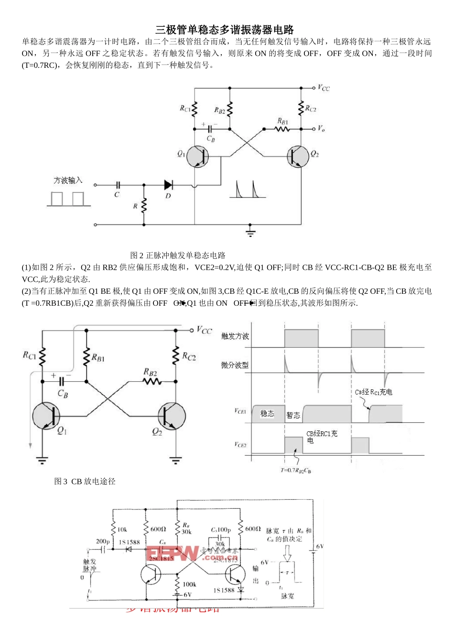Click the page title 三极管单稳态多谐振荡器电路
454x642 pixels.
(225, 30)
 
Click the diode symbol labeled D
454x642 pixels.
(168, 185)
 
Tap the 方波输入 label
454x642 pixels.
(68, 181)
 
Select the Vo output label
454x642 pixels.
(321, 129)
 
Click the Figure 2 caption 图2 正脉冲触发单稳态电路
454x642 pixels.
(178, 256)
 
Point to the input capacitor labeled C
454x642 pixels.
(118, 185)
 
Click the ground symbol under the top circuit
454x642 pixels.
(250, 233)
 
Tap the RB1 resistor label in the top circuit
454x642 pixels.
(282, 121)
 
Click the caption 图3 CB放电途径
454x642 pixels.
(85, 481)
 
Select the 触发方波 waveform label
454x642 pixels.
(235, 336)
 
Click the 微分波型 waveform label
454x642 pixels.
(235, 365)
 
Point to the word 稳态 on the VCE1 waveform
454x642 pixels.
(267, 414)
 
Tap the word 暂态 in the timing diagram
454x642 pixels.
(293, 415)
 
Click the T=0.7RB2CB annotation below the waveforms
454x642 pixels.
(295, 471)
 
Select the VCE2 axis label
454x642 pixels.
(240, 445)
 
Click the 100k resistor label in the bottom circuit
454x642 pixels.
(189, 584)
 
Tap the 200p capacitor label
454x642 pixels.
(102, 541)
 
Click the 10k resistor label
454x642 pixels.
(122, 529)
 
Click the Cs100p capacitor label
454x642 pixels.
(221, 530)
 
